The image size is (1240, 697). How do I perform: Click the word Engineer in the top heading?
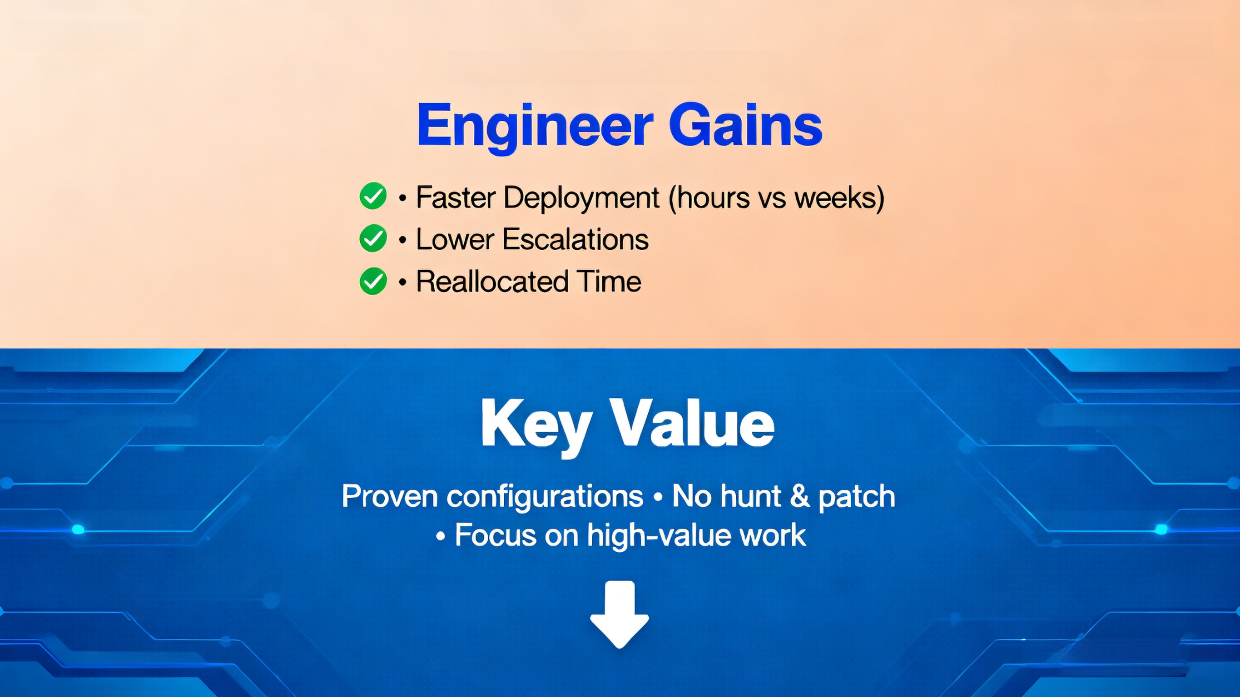click(534, 126)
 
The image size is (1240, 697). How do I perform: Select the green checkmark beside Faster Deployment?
click(372, 196)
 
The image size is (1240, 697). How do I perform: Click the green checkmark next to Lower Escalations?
click(372, 238)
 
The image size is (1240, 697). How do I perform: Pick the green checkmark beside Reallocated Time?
click(372, 281)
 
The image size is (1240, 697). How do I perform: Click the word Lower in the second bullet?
click(455, 239)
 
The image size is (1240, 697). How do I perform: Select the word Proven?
click(389, 496)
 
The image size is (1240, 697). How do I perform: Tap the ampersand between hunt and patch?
click(799, 496)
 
